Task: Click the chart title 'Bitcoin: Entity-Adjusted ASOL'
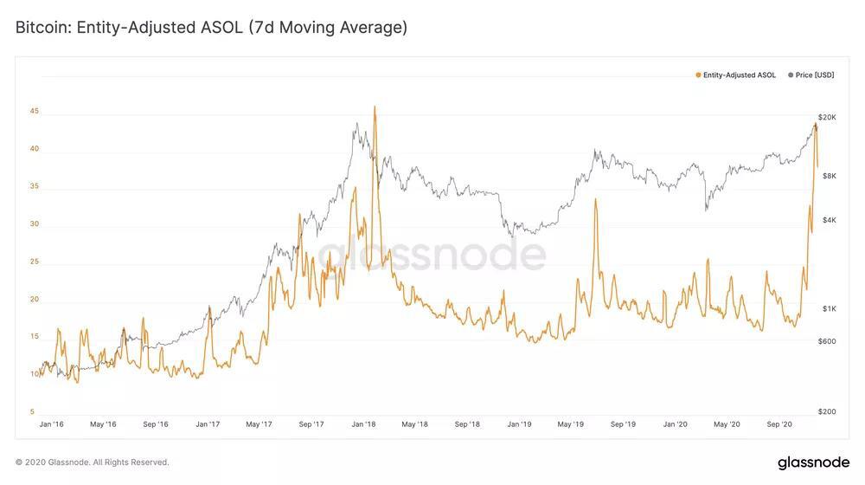click(x=129, y=27)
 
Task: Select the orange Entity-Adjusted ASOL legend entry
click(x=736, y=74)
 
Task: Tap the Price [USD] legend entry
click(x=811, y=74)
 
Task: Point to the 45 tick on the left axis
click(x=35, y=111)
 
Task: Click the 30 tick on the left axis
click(x=35, y=223)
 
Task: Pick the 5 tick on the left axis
click(x=32, y=411)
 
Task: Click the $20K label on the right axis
click(x=827, y=117)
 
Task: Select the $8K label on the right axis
click(x=830, y=176)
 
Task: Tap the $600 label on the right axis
click(x=827, y=341)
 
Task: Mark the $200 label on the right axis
click(x=827, y=411)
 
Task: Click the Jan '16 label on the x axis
click(x=51, y=424)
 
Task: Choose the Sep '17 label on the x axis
click(x=311, y=424)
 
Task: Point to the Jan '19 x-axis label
click(x=519, y=424)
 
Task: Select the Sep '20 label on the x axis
click(x=779, y=424)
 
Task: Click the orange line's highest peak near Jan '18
click(x=375, y=107)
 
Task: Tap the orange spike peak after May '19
click(x=595, y=199)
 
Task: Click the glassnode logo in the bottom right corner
click(x=814, y=462)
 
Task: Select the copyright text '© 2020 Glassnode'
click(x=53, y=462)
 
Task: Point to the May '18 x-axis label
click(x=415, y=424)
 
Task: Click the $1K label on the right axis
click(x=830, y=309)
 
